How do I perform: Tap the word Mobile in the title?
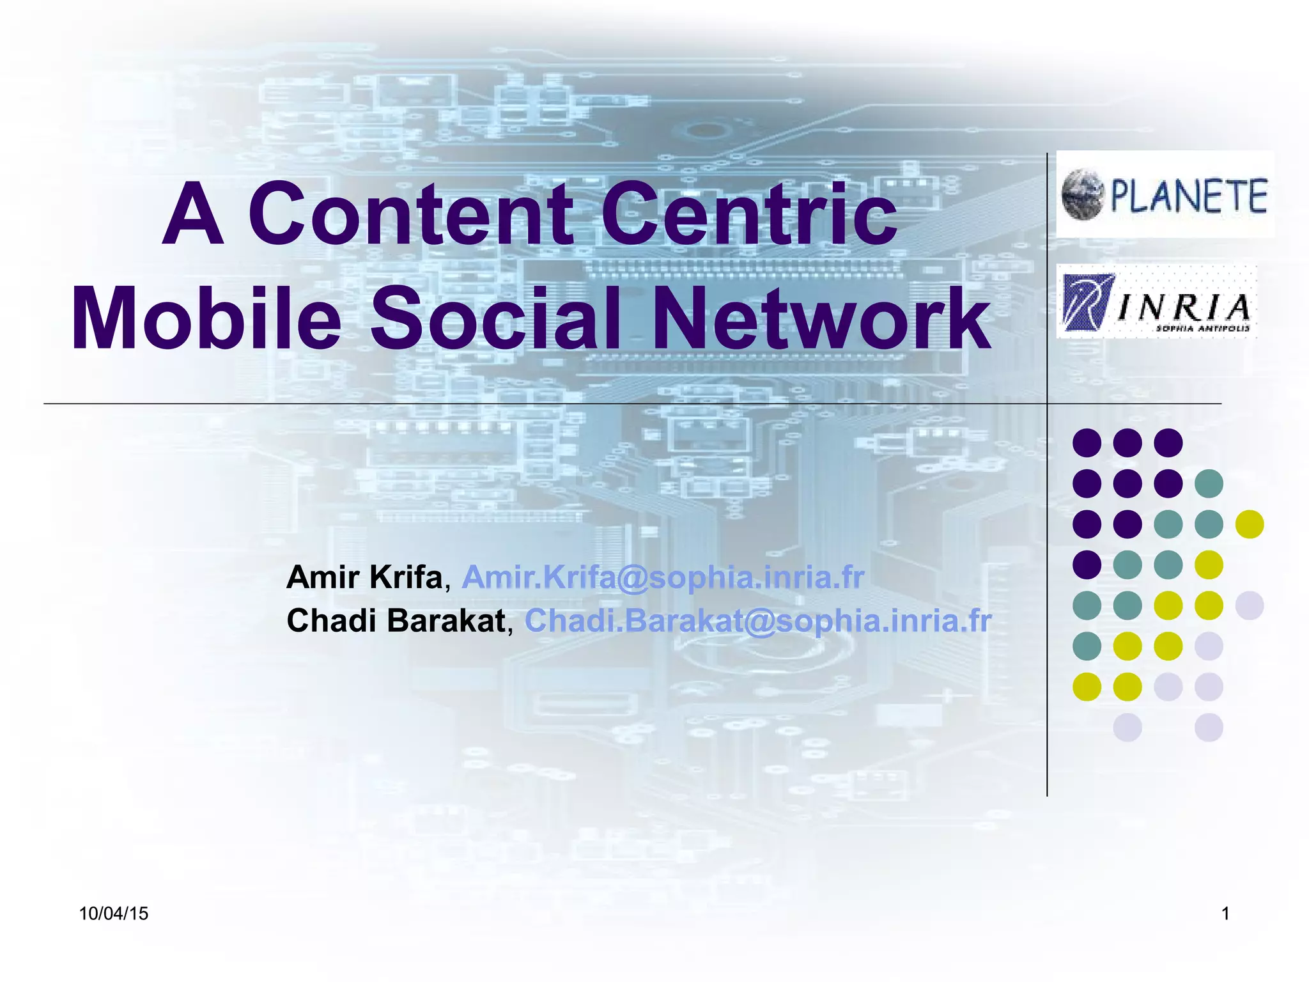point(206,318)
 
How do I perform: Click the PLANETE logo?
point(1165,195)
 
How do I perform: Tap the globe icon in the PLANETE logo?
point(1083,194)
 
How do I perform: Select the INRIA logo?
point(1157,302)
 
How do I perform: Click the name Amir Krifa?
point(364,577)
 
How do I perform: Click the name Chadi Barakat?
point(396,621)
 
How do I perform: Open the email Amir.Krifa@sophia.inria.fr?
point(663,577)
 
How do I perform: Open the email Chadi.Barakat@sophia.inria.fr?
point(758,621)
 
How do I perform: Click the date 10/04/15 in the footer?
point(114,914)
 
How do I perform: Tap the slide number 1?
point(1225,914)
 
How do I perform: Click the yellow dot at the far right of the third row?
point(1249,524)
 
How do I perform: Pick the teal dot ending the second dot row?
point(1209,483)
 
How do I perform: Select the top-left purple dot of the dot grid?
point(1087,442)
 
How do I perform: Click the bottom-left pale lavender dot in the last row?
point(1127,728)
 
